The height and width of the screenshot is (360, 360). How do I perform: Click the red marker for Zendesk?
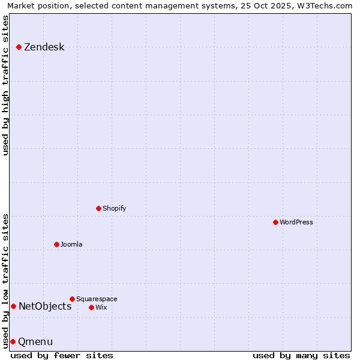[19, 47]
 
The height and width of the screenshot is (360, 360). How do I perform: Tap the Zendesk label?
[44, 47]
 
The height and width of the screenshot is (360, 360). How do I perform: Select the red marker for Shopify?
[98, 208]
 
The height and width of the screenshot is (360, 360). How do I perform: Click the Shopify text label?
[114, 208]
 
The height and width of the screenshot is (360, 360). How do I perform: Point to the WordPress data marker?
[275, 222]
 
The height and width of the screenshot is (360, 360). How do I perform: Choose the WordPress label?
[296, 222]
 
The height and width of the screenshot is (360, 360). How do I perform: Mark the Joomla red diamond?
[56, 244]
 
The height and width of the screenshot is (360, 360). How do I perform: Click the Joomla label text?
[71, 244]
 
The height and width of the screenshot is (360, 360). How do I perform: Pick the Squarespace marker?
[72, 299]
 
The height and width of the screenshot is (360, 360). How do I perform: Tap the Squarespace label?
[97, 299]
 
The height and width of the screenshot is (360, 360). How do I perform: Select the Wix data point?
[91, 307]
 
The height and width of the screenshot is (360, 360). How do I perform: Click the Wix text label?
[101, 307]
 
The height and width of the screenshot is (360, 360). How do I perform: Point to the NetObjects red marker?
[13, 306]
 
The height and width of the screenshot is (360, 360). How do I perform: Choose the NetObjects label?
[45, 306]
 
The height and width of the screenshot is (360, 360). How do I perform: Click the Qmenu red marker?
[13, 341]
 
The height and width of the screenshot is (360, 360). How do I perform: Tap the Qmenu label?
[35, 342]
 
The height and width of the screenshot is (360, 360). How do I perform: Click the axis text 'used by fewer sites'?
[62, 355]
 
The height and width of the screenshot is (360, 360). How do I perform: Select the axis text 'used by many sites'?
[301, 355]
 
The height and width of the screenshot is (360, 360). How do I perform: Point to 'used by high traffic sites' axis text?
[5, 85]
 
